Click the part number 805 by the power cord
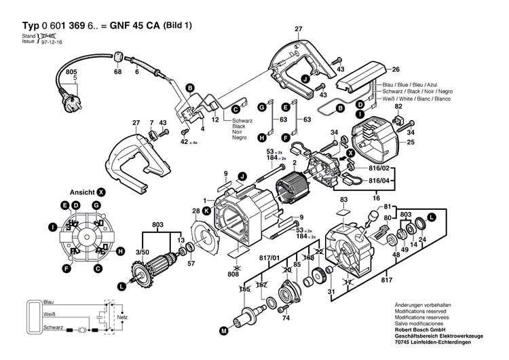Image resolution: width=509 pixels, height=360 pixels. point(71,71)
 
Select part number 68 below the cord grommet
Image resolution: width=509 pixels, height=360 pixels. point(118,71)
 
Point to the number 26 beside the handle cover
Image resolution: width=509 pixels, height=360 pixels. point(396,69)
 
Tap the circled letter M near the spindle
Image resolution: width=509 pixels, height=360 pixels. point(223,332)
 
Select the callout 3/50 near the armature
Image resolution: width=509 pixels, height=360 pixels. point(143,251)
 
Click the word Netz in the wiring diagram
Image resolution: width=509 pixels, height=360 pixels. point(122,317)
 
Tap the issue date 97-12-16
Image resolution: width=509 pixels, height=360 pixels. point(52,41)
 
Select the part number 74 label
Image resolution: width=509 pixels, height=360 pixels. point(286,318)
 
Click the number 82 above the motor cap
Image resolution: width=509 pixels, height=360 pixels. point(398,107)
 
